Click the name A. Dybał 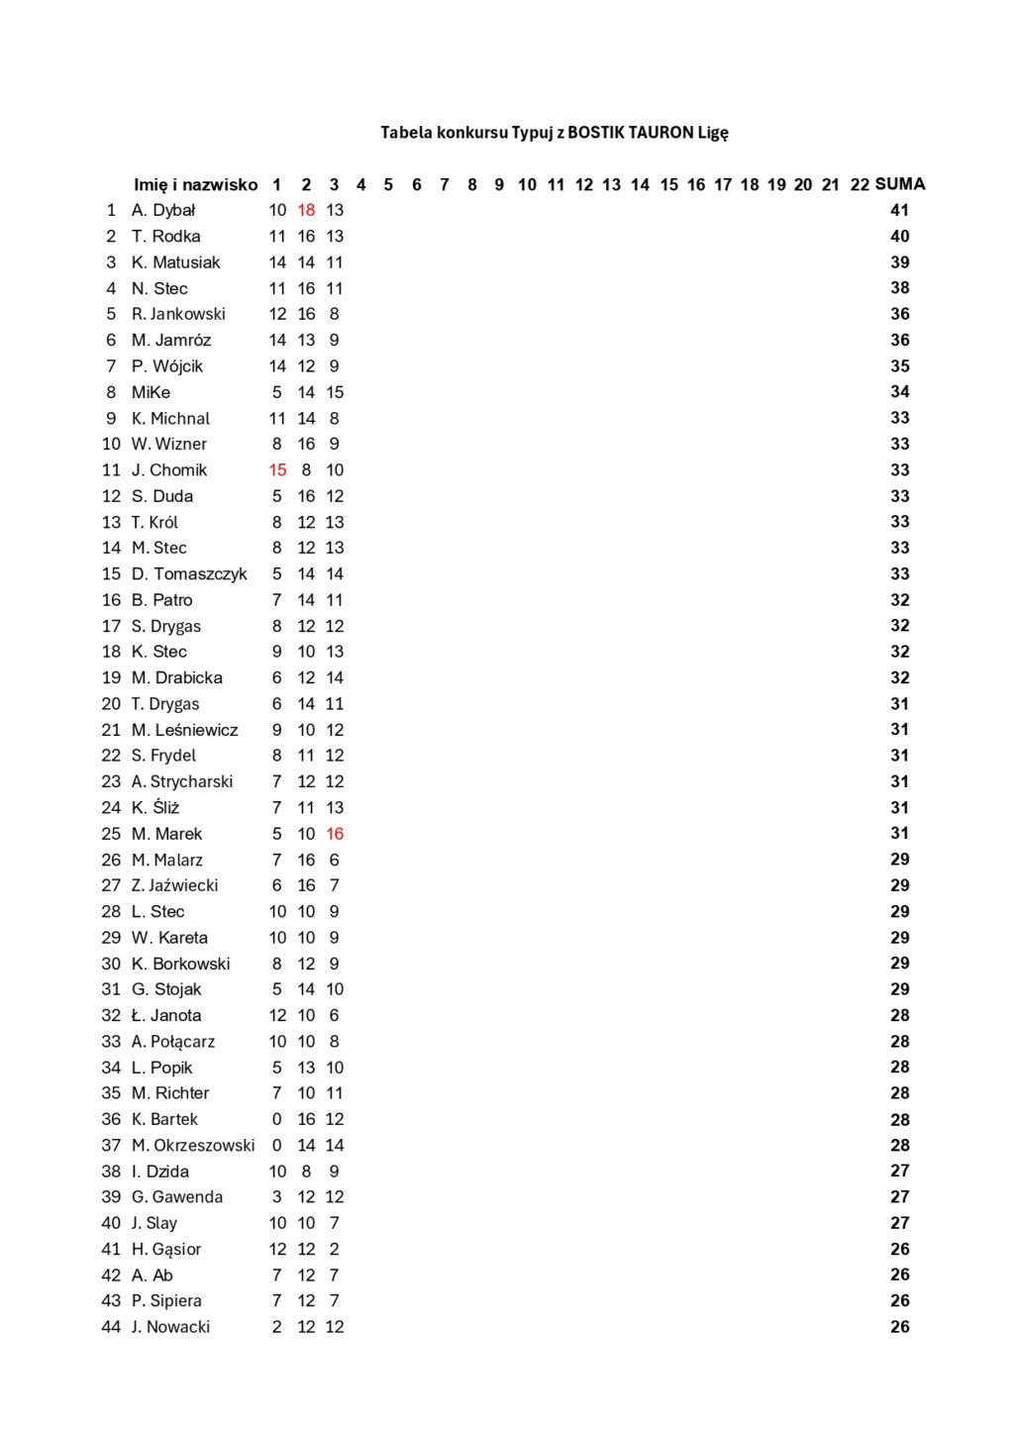point(163,210)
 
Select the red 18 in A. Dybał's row point(306,210)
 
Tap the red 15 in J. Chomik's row point(277,470)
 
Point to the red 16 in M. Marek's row point(335,834)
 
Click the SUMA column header point(900,184)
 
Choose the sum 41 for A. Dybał point(899,210)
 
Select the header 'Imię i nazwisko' point(195,185)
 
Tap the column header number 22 point(860,185)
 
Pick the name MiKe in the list point(151,392)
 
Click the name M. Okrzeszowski point(193,1146)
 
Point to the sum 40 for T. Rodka point(899,236)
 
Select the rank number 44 point(111,1327)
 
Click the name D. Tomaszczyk point(189,574)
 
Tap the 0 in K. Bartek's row point(277,1119)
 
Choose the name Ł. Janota point(166,1015)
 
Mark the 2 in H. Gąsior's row point(335,1250)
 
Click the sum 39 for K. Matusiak point(899,262)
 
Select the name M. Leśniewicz point(185,730)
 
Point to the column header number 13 point(612,185)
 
